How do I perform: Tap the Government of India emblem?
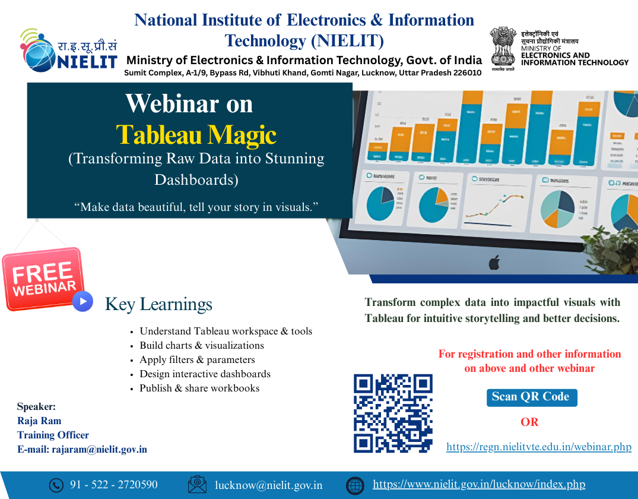coord(503,48)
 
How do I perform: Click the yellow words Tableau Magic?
coord(196,135)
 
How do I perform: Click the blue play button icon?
coord(83,301)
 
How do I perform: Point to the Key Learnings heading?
coord(158,304)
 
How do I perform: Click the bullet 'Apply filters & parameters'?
coord(197,360)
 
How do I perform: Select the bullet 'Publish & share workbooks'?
coord(199,389)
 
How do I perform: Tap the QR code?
coord(393,413)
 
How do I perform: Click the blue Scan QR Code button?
coord(531,397)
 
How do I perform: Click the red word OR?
coord(529,422)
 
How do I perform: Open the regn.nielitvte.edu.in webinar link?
coord(538,447)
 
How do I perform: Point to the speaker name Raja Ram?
coord(39,421)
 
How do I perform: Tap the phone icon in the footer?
coord(56,485)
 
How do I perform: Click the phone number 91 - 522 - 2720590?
coord(114,485)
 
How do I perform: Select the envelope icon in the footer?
coord(197,485)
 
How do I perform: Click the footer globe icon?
coord(355,485)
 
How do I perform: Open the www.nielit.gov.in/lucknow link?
coord(479,485)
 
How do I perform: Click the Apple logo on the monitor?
coord(494,262)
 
